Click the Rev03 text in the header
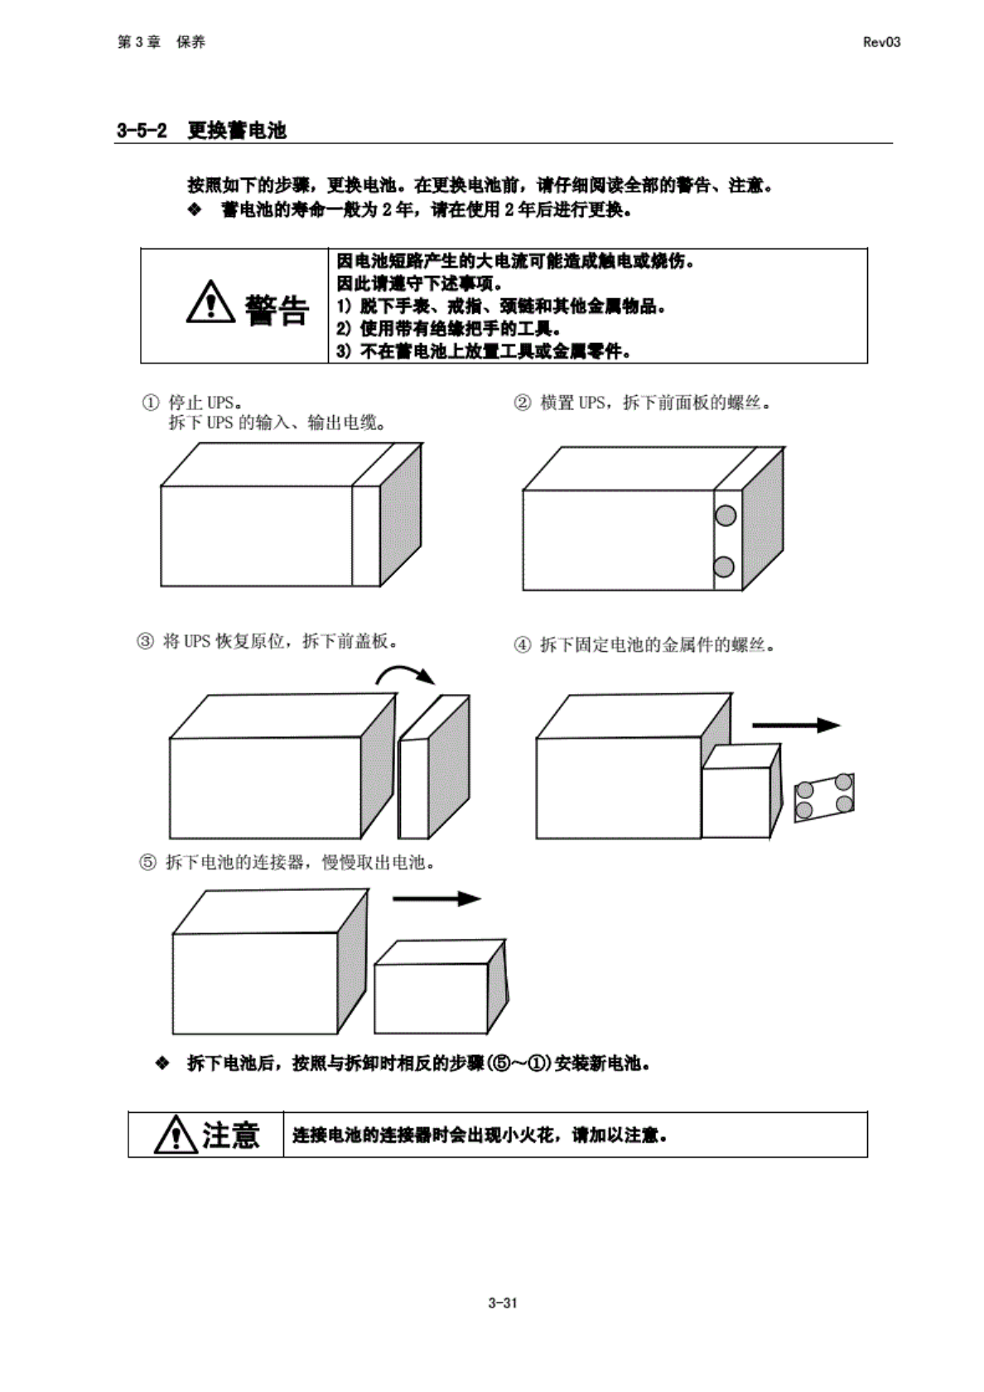click(x=880, y=42)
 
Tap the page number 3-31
click(x=502, y=1303)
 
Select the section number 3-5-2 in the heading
click(x=142, y=131)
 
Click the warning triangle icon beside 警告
click(x=210, y=302)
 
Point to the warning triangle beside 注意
click(x=175, y=1134)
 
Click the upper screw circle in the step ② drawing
click(x=726, y=515)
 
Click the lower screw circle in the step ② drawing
click(x=723, y=567)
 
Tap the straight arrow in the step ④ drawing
click(x=795, y=725)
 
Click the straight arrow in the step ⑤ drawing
click(x=436, y=899)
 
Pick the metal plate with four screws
click(x=824, y=797)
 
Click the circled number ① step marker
click(x=150, y=403)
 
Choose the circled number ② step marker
click(x=522, y=403)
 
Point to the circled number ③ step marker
click(x=145, y=642)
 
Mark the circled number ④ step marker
click(x=523, y=645)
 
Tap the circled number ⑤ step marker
click(x=147, y=863)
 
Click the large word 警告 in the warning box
click(x=277, y=310)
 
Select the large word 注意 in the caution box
click(x=230, y=1134)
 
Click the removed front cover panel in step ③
click(x=433, y=766)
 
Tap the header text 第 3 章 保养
click(x=162, y=42)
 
